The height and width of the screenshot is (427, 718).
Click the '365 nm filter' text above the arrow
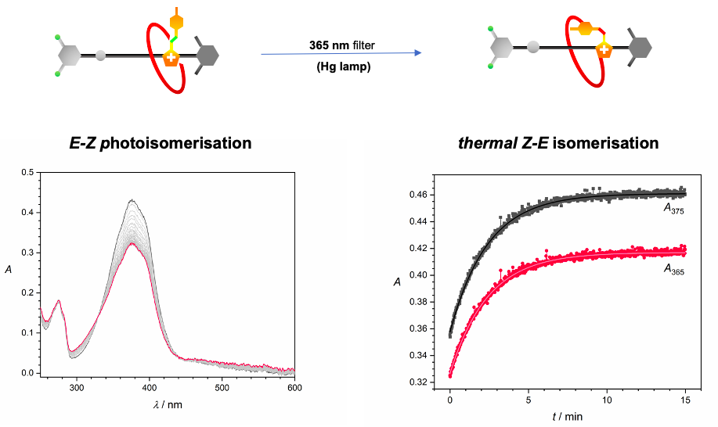point(341,45)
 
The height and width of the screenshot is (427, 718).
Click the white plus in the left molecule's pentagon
point(170,57)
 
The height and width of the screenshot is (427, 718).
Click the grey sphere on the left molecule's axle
point(100,56)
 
